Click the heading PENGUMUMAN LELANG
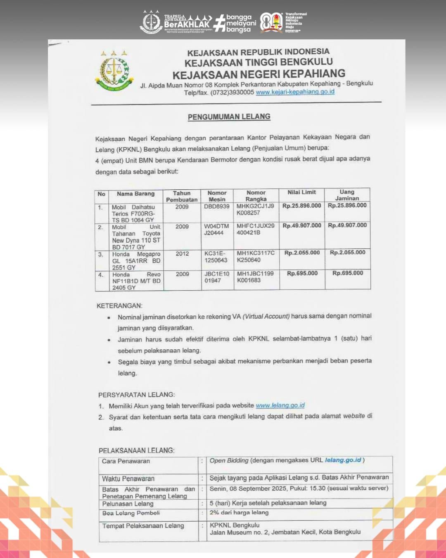[229, 117]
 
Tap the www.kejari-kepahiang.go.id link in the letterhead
[295, 92]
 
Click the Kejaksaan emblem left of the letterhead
[114, 71]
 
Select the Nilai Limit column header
[301, 192]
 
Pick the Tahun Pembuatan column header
[182, 196]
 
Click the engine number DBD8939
[216, 206]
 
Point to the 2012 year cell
[182, 253]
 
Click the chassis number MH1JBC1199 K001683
[255, 277]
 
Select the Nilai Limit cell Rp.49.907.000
[301, 226]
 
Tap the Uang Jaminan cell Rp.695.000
[348, 273]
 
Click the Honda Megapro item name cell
[136, 261]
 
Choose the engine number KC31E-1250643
[216, 257]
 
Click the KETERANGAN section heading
[119, 306]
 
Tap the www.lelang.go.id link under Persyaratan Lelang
[280, 405]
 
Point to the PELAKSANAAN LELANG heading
[136, 451]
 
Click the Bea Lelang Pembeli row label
[131, 513]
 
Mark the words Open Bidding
[229, 460]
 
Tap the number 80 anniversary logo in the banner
[271, 22]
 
